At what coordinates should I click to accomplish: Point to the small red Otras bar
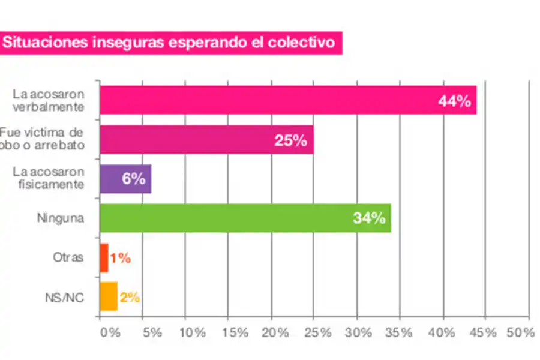coord(104,258)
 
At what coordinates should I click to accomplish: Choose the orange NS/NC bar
coord(108,296)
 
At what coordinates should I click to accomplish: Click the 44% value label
coord(454,101)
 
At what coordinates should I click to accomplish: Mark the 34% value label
coord(368,218)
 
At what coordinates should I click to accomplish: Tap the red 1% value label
coord(120,259)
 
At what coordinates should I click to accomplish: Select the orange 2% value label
coord(130,297)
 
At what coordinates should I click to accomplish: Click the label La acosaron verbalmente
coord(49,100)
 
